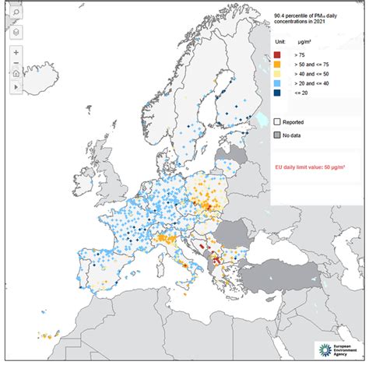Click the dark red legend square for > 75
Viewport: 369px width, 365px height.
[x=278, y=55]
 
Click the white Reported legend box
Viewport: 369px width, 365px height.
[x=278, y=121]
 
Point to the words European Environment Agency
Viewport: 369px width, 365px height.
[x=346, y=349]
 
